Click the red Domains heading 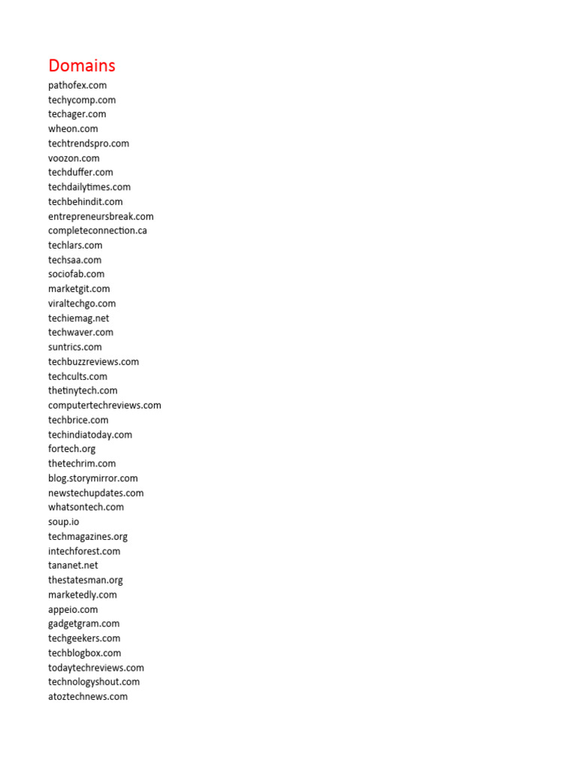[x=82, y=65]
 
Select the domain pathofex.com [x=77, y=85]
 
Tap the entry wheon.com [x=73, y=128]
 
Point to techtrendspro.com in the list [x=89, y=143]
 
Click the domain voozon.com [x=74, y=158]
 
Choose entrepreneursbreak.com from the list [x=101, y=216]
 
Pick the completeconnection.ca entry [x=98, y=231]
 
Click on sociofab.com [x=77, y=274]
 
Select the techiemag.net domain [x=79, y=318]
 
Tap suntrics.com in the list [x=75, y=347]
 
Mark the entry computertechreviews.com [x=104, y=406]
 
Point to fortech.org [x=72, y=449]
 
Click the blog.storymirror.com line [x=93, y=478]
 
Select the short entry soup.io [x=64, y=522]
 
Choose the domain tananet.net [x=73, y=565]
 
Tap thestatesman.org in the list [x=86, y=580]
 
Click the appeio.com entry [x=73, y=609]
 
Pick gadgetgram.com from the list [x=84, y=623]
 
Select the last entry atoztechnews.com [x=88, y=696]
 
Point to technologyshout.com [x=94, y=682]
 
